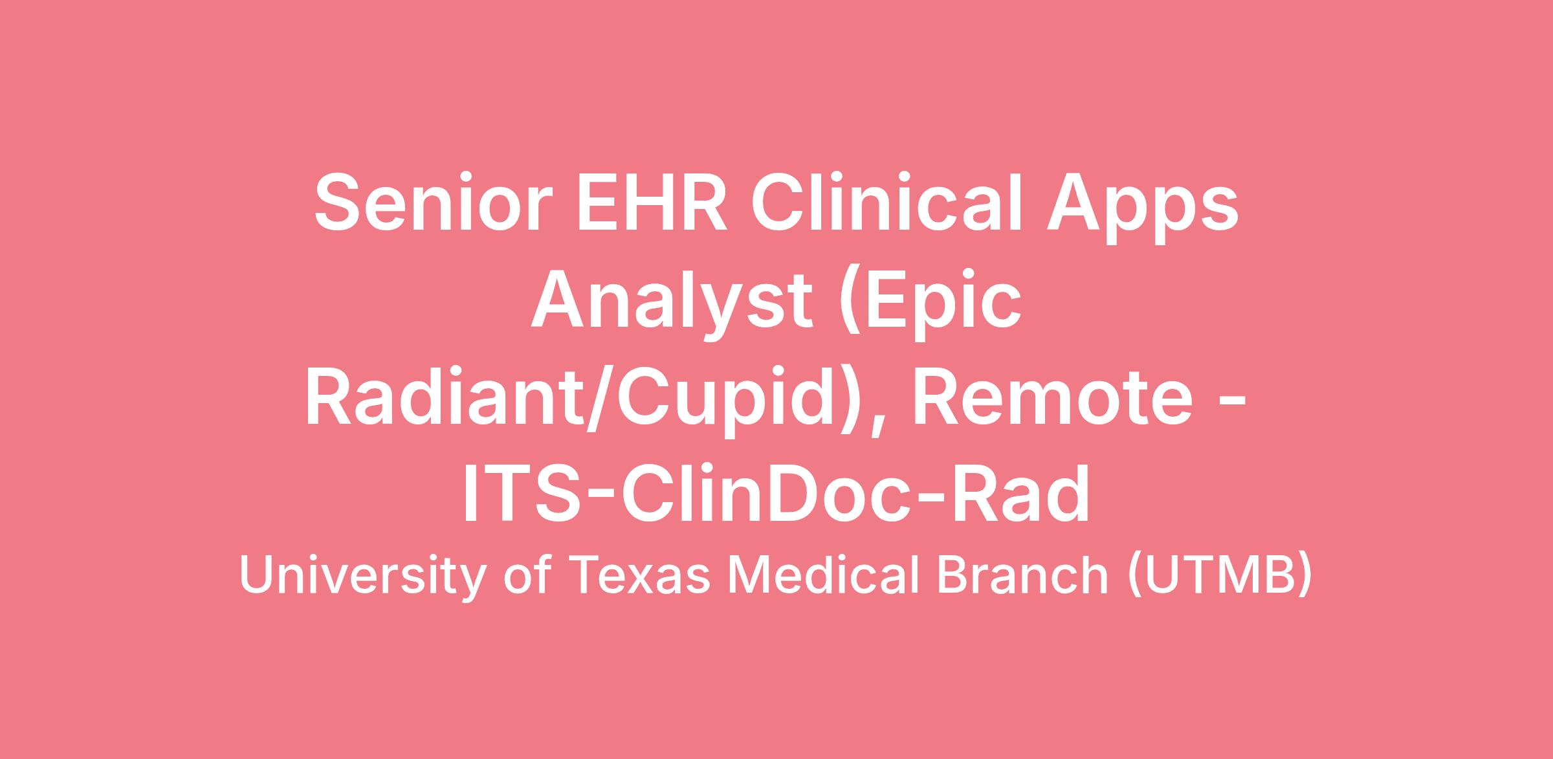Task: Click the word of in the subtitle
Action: (x=527, y=575)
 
